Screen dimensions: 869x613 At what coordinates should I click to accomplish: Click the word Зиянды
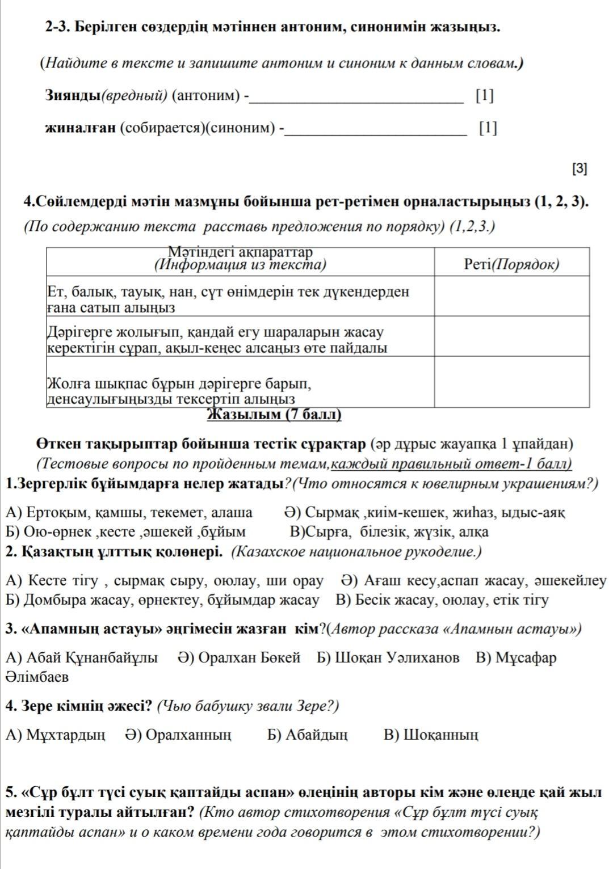[x=73, y=96]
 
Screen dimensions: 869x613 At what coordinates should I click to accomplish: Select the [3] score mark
[x=580, y=168]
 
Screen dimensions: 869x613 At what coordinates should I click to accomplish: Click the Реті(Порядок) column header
[x=511, y=264]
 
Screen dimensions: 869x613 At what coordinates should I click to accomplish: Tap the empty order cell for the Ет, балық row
[x=511, y=296]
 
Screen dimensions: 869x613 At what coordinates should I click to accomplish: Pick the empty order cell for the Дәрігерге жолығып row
[x=511, y=336]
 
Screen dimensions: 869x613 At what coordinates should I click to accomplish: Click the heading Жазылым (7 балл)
[x=275, y=415]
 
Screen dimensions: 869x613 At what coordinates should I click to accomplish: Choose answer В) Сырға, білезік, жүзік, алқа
[x=389, y=532]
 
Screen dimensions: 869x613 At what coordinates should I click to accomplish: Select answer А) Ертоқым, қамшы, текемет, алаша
[x=129, y=513]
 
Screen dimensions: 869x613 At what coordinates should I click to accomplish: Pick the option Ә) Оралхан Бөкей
[x=239, y=657]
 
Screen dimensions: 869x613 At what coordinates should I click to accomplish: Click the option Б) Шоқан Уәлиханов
[x=388, y=657]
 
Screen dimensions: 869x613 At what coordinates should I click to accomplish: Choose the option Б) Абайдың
[x=308, y=735]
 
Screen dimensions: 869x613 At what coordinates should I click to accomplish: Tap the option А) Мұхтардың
[x=55, y=735]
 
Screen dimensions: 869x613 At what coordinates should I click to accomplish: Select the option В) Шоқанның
[x=431, y=735]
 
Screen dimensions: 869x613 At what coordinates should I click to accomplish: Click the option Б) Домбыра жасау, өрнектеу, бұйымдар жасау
[x=162, y=600]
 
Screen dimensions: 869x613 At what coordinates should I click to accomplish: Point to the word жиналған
[x=81, y=128]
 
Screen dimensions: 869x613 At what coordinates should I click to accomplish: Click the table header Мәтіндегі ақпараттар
[x=241, y=252]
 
